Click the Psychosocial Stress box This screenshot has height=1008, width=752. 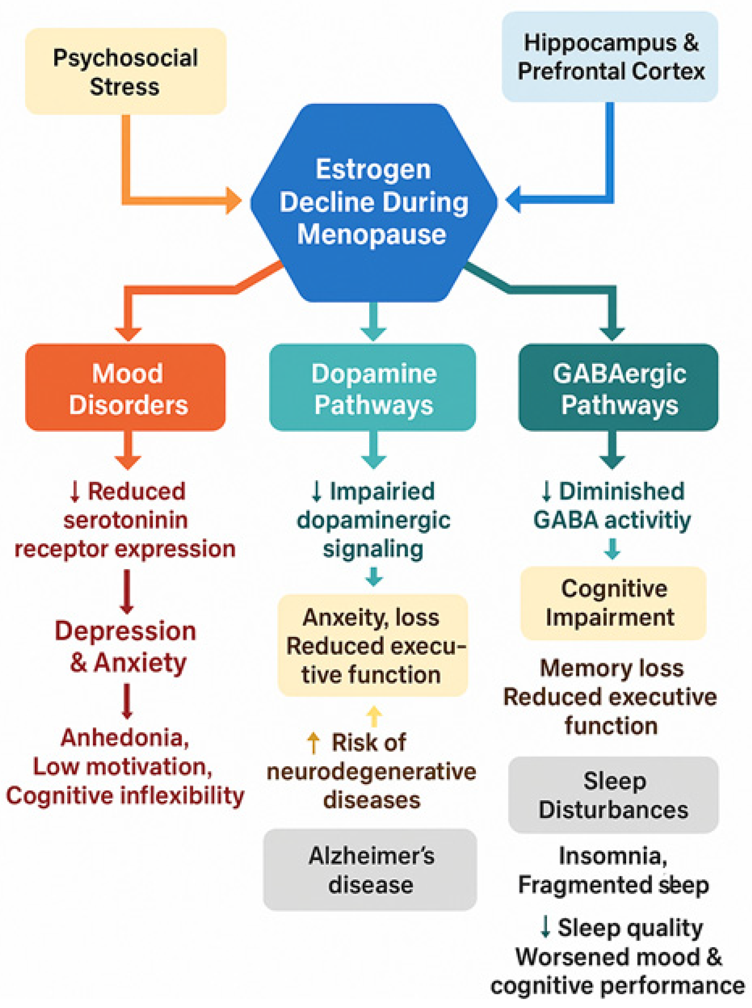click(126, 72)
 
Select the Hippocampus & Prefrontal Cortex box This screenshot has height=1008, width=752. click(610, 57)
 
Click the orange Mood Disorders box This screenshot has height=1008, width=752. click(126, 387)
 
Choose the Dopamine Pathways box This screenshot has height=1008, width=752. click(373, 387)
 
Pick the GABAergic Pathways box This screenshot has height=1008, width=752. click(618, 387)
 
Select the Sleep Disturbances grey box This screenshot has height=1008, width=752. click(613, 795)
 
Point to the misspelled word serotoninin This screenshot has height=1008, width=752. click(125, 520)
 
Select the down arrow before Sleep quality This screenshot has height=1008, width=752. click(545, 927)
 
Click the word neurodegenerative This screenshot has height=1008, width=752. click(371, 771)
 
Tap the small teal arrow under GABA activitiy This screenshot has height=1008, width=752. click(612, 548)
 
